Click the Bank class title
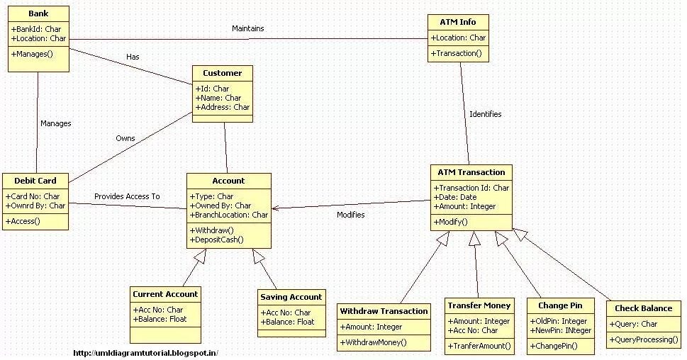click(x=38, y=13)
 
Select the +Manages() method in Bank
click(x=33, y=54)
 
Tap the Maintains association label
click(x=248, y=28)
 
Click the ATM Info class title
click(x=459, y=22)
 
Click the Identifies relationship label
click(x=485, y=113)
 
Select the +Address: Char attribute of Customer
click(x=222, y=107)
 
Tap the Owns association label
click(x=125, y=138)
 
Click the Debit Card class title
click(x=35, y=181)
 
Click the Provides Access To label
click(x=127, y=196)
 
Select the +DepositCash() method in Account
click(x=217, y=240)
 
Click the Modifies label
click(x=350, y=214)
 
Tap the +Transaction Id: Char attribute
click(x=471, y=188)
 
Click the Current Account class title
click(x=165, y=294)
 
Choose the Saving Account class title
click(x=291, y=297)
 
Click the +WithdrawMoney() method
click(x=374, y=342)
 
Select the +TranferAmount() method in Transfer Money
click(x=479, y=346)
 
